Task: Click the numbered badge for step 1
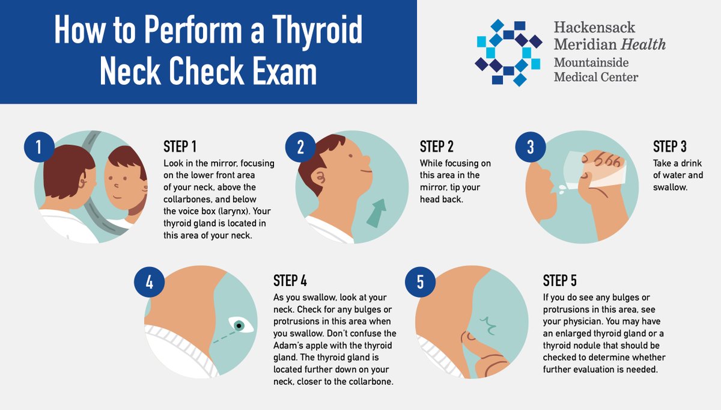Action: pos(39,147)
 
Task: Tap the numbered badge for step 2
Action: pos(300,147)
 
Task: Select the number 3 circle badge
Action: pos(531,147)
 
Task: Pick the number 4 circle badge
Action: pos(150,282)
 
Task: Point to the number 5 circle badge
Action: pos(421,282)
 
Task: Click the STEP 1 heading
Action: pos(180,147)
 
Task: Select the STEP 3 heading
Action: pos(670,147)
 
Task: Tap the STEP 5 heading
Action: pos(560,281)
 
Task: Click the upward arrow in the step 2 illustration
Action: pos(377,213)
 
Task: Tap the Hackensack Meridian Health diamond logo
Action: pos(508,52)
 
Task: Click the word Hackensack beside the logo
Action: pos(594,27)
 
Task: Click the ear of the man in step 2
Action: pos(318,177)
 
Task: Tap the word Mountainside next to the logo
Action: pos(591,63)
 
